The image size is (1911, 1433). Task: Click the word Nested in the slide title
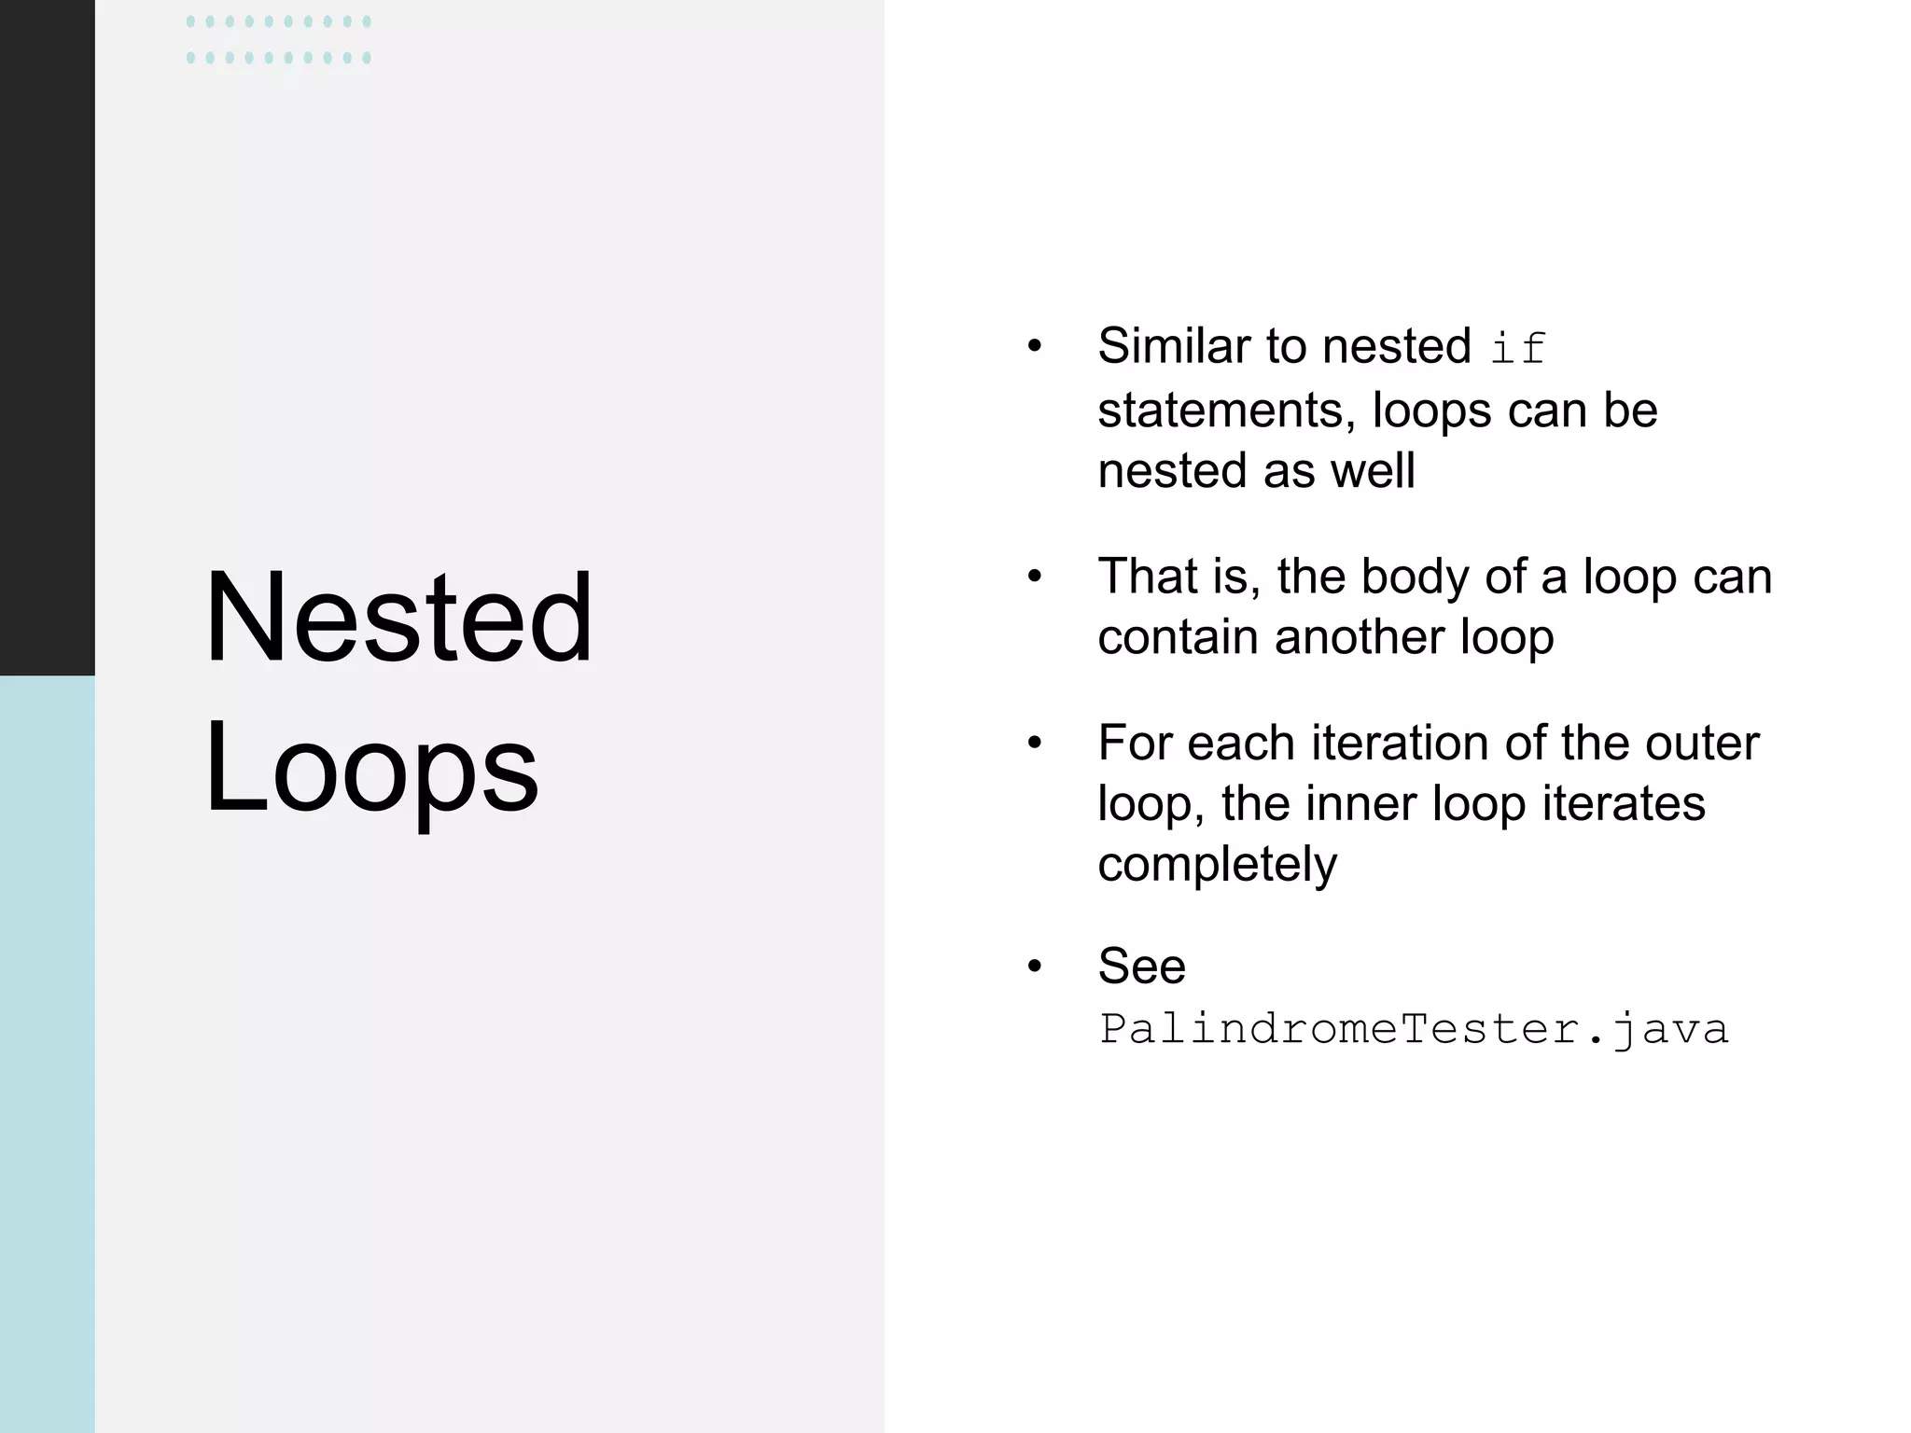coord(398,619)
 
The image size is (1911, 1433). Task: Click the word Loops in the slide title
coord(371,770)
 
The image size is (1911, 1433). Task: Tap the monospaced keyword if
coord(1518,349)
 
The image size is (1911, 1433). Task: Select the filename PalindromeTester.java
coord(1414,1029)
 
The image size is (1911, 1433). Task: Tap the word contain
coord(1179,637)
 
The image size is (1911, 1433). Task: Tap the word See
coord(1141,967)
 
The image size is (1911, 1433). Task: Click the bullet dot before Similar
coord(1034,347)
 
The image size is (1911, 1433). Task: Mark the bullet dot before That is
coord(1034,577)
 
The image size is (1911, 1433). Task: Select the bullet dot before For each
coord(1034,744)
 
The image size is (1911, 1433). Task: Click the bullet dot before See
coord(1034,967)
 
